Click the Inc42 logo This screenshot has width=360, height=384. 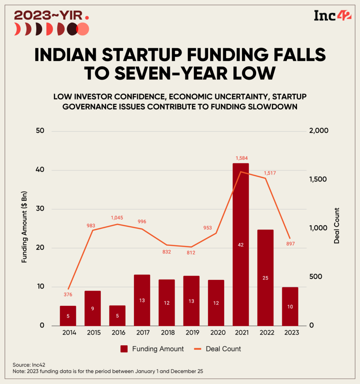pyautogui.click(x=332, y=15)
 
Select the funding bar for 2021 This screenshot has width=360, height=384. pyautogui.click(x=240, y=244)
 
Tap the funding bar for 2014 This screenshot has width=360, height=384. pyautogui.click(x=68, y=316)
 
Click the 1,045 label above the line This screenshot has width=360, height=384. pyautogui.click(x=117, y=218)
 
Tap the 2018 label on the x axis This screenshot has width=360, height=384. pyautogui.click(x=167, y=333)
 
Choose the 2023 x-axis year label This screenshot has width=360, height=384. pyautogui.click(x=290, y=333)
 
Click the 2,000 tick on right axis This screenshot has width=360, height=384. pyautogui.click(x=319, y=131)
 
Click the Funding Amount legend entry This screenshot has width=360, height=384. pyautogui.click(x=152, y=349)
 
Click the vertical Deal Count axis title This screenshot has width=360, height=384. pyautogui.click(x=337, y=226)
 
